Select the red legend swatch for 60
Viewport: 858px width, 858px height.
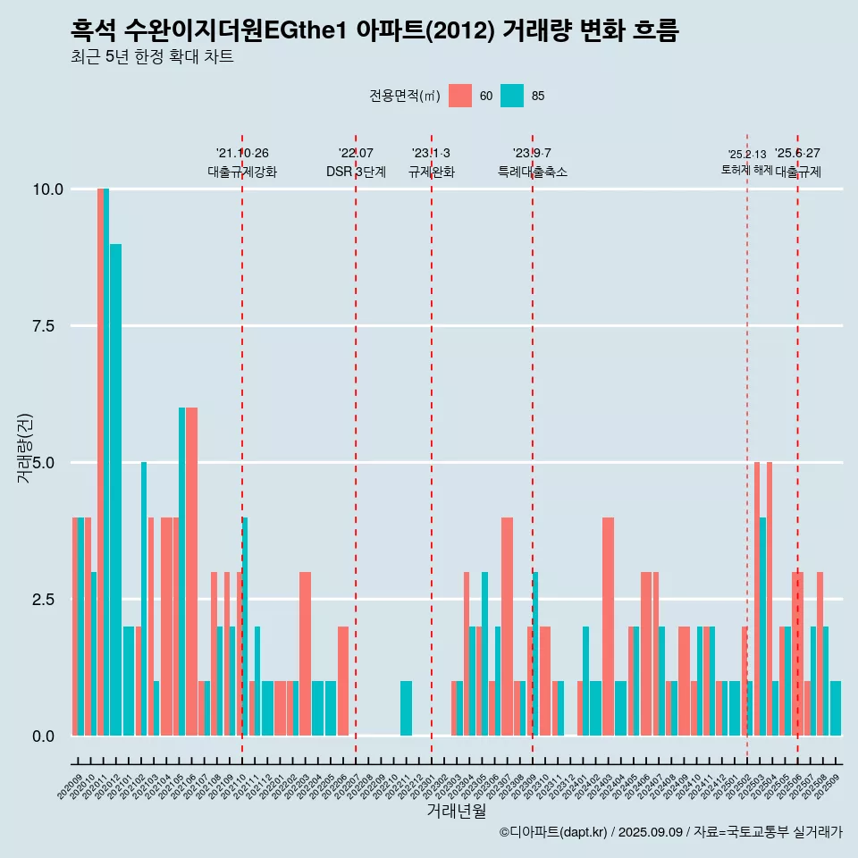pyautogui.click(x=459, y=96)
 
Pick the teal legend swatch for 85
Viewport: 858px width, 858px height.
pyautogui.click(x=511, y=96)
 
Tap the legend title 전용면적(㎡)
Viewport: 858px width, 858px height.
pyautogui.click(x=404, y=96)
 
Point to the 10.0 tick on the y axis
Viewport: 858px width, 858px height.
pyautogui.click(x=47, y=189)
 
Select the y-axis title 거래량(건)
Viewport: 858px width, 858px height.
pyautogui.click(x=26, y=448)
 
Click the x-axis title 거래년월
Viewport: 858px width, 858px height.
pyautogui.click(x=456, y=812)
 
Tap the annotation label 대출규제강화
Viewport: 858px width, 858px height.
pyautogui.click(x=242, y=172)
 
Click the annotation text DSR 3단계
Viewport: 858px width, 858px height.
pyautogui.click(x=356, y=172)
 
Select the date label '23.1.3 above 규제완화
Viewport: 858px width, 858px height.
pyautogui.click(x=431, y=154)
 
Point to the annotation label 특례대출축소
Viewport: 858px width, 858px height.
pyautogui.click(x=533, y=172)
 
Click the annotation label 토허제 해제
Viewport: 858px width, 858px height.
pyautogui.click(x=746, y=170)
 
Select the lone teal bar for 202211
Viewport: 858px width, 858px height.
pyautogui.click(x=406, y=708)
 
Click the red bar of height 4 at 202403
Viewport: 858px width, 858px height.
pyautogui.click(x=608, y=626)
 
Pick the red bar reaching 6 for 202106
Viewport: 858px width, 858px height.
pyautogui.click(x=192, y=572)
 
